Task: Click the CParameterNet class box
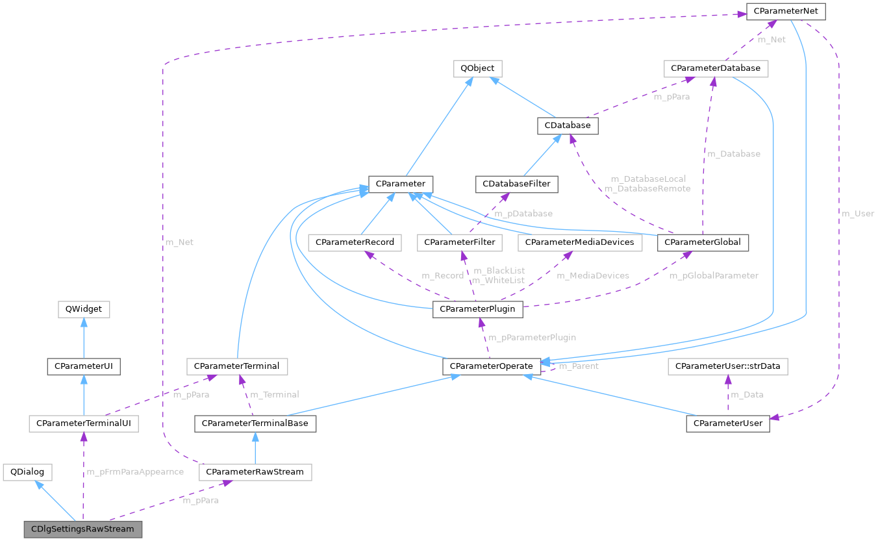[786, 12]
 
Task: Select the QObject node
[477, 68]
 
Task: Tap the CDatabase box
[568, 126]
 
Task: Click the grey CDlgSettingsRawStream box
[82, 529]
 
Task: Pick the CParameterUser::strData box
[728, 367]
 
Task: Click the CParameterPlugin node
[477, 309]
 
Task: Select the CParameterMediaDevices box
[580, 242]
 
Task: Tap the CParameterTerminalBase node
[255, 423]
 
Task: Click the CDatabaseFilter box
[516, 184]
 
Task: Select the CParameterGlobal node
[703, 242]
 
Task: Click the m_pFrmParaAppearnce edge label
[135, 472]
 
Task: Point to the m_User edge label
[857, 213]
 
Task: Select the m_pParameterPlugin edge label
[532, 337]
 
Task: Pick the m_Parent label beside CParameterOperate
[579, 366]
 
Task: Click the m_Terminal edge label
[275, 394]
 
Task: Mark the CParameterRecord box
[355, 242]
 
